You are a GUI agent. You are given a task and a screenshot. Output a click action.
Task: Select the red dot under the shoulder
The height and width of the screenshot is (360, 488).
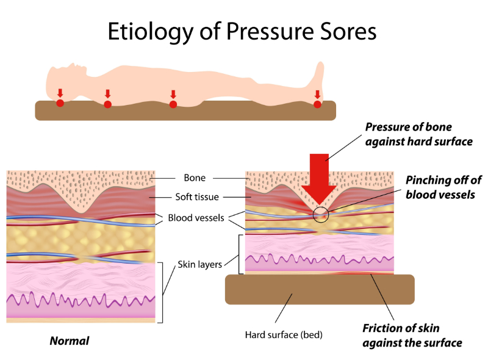click(x=107, y=104)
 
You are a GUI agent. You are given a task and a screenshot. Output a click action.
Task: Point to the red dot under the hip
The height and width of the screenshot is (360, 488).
click(x=173, y=104)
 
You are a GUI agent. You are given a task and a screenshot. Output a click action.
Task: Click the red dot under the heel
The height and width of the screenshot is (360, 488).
click(x=317, y=104)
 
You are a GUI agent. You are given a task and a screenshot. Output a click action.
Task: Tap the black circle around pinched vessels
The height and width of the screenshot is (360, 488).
click(x=321, y=214)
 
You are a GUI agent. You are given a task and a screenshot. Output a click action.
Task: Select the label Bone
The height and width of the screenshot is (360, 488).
click(x=195, y=178)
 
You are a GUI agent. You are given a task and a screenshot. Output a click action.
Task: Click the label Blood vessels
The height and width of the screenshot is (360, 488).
click(x=196, y=218)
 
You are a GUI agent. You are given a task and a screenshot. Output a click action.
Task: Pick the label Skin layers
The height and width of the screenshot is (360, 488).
click(x=199, y=265)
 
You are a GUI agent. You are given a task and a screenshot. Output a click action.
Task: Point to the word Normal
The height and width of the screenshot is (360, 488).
click(x=69, y=341)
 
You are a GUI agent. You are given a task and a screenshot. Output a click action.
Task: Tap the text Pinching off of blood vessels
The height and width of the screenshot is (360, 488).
click(x=443, y=187)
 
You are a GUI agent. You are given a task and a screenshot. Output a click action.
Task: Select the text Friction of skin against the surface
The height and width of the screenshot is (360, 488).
click(x=412, y=335)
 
